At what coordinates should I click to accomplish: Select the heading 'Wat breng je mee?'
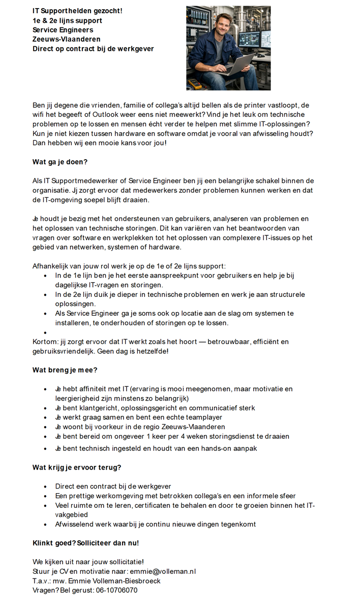pos(65,370)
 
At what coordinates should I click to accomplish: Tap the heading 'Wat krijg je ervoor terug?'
pos(77,467)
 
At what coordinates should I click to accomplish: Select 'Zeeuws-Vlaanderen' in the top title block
pos(66,39)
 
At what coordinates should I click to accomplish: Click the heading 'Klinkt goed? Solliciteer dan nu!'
pos(85,543)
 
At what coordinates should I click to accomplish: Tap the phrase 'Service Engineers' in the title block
pos(63,30)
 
